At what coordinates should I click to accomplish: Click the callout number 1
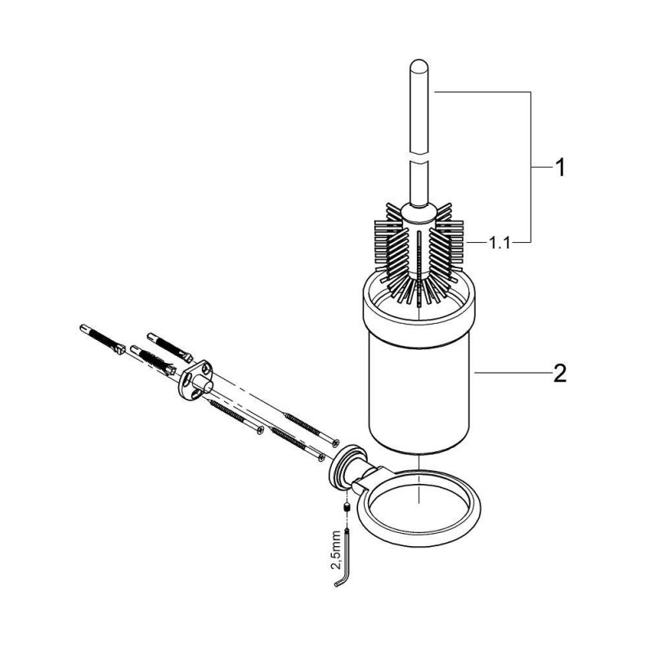point(560,168)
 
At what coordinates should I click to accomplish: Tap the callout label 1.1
point(499,242)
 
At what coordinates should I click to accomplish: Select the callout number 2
point(559,374)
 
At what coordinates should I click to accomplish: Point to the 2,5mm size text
point(337,549)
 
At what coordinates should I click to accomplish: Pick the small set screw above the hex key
point(346,508)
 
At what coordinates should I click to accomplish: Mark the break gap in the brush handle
point(419,159)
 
